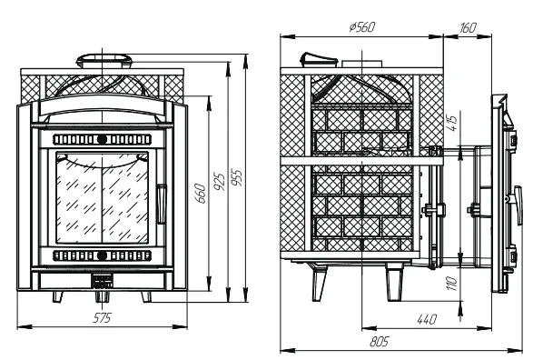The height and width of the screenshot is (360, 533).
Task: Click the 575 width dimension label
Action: coord(102,318)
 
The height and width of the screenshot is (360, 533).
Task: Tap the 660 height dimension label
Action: coord(201,194)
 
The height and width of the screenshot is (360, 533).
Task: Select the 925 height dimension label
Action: coord(220,182)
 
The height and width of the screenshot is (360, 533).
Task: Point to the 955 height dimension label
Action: coord(237,177)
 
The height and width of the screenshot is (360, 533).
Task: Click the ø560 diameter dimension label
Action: coord(362,26)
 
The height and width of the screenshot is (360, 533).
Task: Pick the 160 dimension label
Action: coord(468,27)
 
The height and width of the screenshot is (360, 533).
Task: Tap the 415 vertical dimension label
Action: coord(453,124)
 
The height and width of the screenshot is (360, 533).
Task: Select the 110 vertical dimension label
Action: coord(451,284)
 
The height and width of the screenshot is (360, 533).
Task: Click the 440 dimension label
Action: coord(426,319)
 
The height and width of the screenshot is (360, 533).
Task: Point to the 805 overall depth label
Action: coord(379,341)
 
